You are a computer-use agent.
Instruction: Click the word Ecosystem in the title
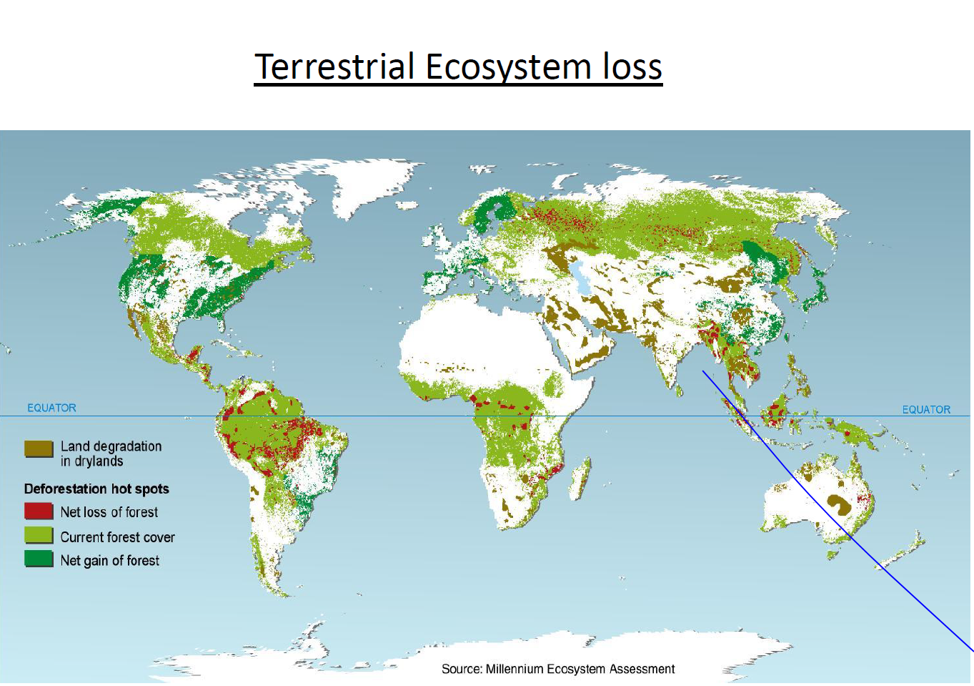tap(508, 67)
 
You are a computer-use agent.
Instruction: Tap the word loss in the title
tap(632, 67)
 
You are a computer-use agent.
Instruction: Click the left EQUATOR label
tap(51, 408)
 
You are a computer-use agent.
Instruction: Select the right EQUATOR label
tap(926, 409)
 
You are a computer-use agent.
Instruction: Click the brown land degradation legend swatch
tap(39, 449)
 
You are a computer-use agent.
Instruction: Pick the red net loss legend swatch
tap(39, 511)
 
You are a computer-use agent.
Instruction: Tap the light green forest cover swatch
tap(39, 535)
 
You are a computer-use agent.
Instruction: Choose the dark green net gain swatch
tap(39, 559)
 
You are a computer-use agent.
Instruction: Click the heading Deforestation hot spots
tap(96, 489)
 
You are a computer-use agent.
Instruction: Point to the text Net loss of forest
tap(109, 512)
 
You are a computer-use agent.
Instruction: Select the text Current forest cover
tap(117, 536)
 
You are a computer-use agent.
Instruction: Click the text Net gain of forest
tap(110, 560)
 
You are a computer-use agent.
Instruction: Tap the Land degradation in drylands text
tap(111, 454)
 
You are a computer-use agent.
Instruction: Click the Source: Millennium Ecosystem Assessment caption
tap(557, 669)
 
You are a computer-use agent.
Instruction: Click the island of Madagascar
tap(580, 479)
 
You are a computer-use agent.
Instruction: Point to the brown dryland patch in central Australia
tap(838, 504)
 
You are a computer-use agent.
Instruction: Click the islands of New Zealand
tap(902, 551)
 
